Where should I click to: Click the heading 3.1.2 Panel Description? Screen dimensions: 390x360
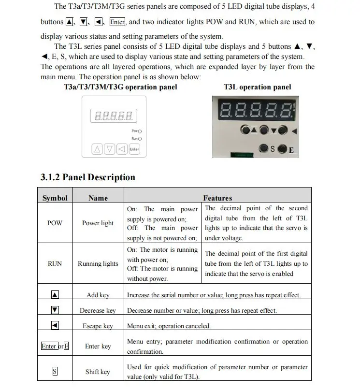(x=87, y=177)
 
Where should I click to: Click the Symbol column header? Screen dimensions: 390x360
(x=55, y=198)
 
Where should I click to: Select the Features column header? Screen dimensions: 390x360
(x=217, y=198)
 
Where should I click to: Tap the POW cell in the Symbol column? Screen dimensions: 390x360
(x=55, y=223)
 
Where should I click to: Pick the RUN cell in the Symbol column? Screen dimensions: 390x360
(x=55, y=264)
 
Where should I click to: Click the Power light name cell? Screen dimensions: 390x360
(x=98, y=223)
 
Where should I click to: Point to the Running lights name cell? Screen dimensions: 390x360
(x=98, y=264)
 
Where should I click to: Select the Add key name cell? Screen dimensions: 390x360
(x=98, y=295)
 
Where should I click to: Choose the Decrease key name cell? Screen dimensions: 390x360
(x=98, y=310)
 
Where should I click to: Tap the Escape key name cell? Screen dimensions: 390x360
(x=98, y=326)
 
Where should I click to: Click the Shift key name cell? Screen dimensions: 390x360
(x=98, y=372)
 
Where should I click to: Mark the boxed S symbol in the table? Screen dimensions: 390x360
(x=55, y=372)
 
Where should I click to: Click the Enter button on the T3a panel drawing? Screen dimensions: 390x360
(x=134, y=149)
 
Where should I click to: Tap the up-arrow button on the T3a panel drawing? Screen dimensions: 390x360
(x=98, y=149)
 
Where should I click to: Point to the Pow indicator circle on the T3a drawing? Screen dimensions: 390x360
(x=140, y=131)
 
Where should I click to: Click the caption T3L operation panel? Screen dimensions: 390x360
(x=258, y=87)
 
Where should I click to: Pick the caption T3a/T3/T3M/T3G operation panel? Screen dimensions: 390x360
(x=120, y=87)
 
